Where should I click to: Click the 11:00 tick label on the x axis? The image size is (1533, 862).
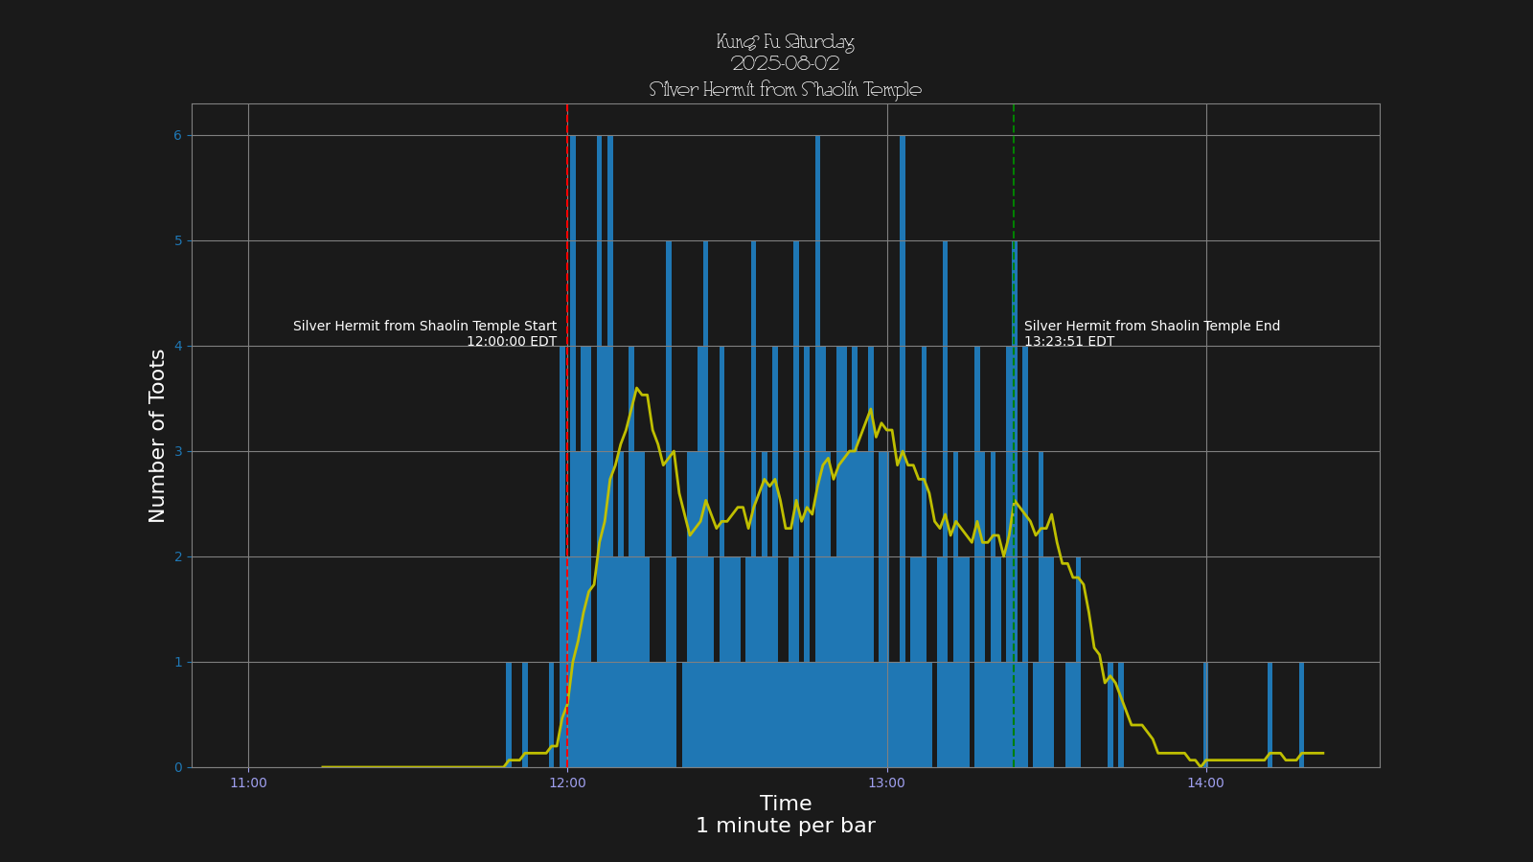pyautogui.click(x=248, y=783)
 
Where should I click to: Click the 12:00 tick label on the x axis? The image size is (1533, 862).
pyautogui.click(x=567, y=783)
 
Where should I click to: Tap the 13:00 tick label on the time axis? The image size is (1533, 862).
pyautogui.click(x=886, y=783)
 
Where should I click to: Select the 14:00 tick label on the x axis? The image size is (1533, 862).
pyautogui.click(x=1205, y=783)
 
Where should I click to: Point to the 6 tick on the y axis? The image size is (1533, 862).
pyautogui.click(x=177, y=136)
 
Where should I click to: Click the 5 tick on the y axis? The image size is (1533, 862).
pyautogui.click(x=177, y=241)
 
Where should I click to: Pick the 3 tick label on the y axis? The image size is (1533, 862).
pyautogui.click(x=177, y=452)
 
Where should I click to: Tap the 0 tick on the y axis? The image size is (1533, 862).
pyautogui.click(x=177, y=768)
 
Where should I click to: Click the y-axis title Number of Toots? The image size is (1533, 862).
pyautogui.click(x=158, y=436)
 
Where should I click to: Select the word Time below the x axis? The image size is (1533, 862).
pyautogui.click(x=786, y=805)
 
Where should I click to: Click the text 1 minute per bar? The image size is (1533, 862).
pyautogui.click(x=786, y=827)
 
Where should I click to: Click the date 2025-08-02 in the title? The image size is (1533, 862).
pyautogui.click(x=786, y=64)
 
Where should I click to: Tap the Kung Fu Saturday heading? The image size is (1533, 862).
pyautogui.click(x=786, y=42)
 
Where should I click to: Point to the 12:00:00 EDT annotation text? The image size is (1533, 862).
pyautogui.click(x=512, y=342)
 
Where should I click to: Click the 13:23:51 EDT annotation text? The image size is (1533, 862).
pyautogui.click(x=1069, y=342)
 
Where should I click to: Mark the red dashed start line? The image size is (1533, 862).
pyautogui.click(x=567, y=239)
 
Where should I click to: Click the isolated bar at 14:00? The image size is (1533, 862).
pyautogui.click(x=1205, y=715)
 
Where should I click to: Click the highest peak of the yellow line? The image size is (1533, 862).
pyautogui.click(x=636, y=388)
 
